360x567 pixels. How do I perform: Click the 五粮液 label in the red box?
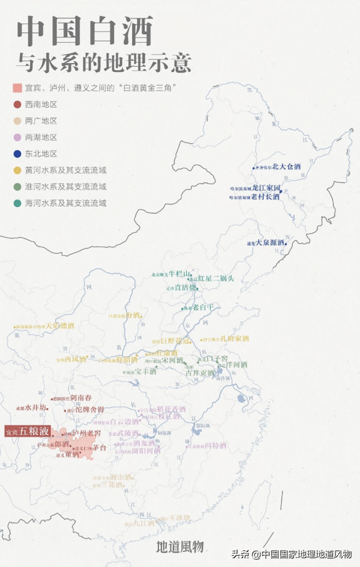pyautogui.click(x=31, y=431)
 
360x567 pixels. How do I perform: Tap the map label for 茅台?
pyautogui.click(x=99, y=448)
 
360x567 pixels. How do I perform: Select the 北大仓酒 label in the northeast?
pyautogui.click(x=286, y=168)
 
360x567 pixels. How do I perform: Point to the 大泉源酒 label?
pyautogui.click(x=271, y=243)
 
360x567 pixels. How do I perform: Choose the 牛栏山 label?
pyautogui.click(x=179, y=274)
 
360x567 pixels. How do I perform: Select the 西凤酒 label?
pyautogui.click(x=76, y=360)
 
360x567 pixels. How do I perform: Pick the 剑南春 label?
pyautogui.click(x=80, y=397)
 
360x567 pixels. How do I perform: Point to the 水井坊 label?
pyautogui.click(x=36, y=407)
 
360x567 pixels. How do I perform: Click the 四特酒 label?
pyautogui.click(x=215, y=446)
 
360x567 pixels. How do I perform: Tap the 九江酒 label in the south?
pyautogui.click(x=144, y=523)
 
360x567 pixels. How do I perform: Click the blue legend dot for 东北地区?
pyautogui.click(x=17, y=154)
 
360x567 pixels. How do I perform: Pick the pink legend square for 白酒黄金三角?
pyautogui.click(x=17, y=88)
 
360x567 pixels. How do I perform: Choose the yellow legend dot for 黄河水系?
pyautogui.click(x=17, y=170)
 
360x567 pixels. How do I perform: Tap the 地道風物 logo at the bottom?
pyautogui.click(x=180, y=547)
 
